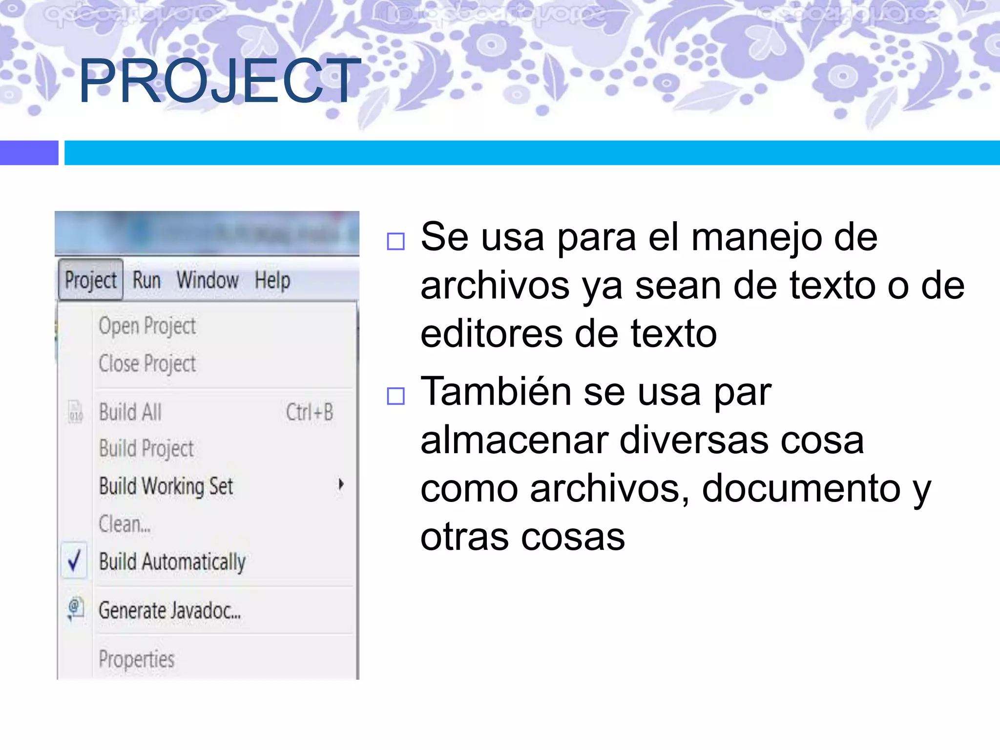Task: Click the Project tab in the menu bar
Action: click(91, 280)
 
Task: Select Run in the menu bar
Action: click(146, 280)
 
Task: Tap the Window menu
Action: click(208, 280)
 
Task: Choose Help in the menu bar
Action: click(272, 281)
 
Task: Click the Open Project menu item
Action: click(147, 326)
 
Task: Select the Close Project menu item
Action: click(147, 364)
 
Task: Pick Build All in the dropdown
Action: click(130, 412)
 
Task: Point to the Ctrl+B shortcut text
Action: click(310, 412)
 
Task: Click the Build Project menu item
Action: click(146, 449)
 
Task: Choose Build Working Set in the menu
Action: click(166, 486)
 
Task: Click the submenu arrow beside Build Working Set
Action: click(341, 484)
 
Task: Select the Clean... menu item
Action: click(125, 524)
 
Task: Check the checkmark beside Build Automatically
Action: click(74, 561)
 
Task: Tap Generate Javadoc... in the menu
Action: click(169, 610)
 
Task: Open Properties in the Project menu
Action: click(137, 659)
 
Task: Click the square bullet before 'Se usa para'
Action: click(396, 241)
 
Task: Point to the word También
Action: click(496, 392)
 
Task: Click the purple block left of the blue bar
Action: click(29, 153)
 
